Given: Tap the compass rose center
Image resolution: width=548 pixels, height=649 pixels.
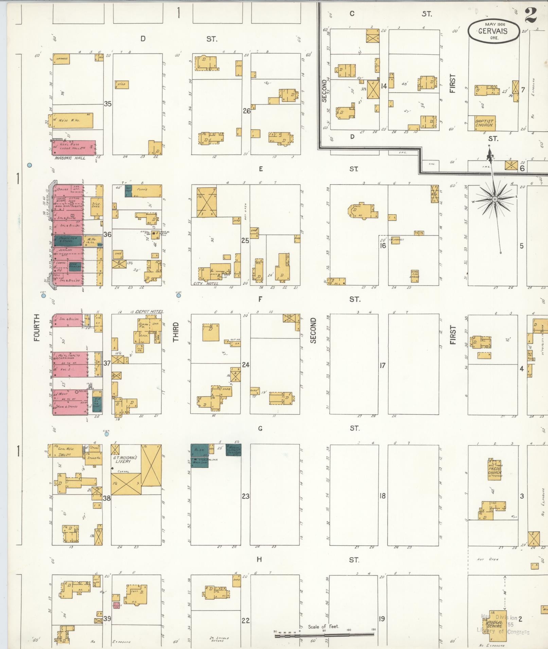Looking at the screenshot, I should tap(495, 198).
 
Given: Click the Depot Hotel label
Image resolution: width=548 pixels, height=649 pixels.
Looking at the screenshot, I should tap(149, 311).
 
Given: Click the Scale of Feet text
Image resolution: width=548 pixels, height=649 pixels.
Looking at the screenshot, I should tap(323, 626).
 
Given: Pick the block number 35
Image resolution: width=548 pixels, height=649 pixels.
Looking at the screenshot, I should tap(108, 104).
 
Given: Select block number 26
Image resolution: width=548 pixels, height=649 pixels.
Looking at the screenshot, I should tap(246, 111).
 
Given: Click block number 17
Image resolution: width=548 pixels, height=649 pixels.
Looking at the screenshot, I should tap(383, 366).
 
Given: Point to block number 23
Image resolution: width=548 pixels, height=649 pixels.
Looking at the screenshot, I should tap(246, 496).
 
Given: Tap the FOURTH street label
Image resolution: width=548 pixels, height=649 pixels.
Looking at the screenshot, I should tap(36, 327).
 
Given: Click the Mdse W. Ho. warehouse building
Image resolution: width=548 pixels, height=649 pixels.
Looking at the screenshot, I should tap(72, 121).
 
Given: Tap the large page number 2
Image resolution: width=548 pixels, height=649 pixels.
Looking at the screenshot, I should tap(531, 15).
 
